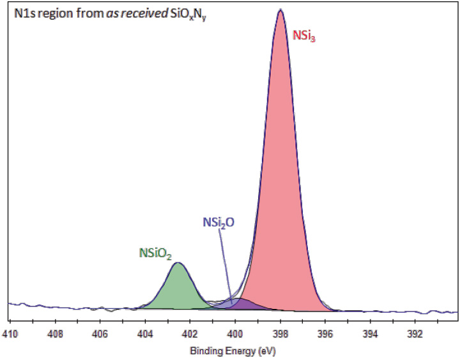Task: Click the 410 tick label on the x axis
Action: tap(10, 333)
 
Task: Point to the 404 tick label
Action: tap(145, 333)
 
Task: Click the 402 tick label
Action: tap(190, 333)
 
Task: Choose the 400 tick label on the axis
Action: tap(235, 333)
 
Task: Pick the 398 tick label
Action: tap(280, 333)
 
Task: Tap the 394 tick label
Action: tap(370, 333)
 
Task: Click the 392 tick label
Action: tap(415, 333)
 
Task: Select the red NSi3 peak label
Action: tap(305, 38)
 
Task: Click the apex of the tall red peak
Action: tap(280, 10)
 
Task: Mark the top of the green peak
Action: tap(179, 263)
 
